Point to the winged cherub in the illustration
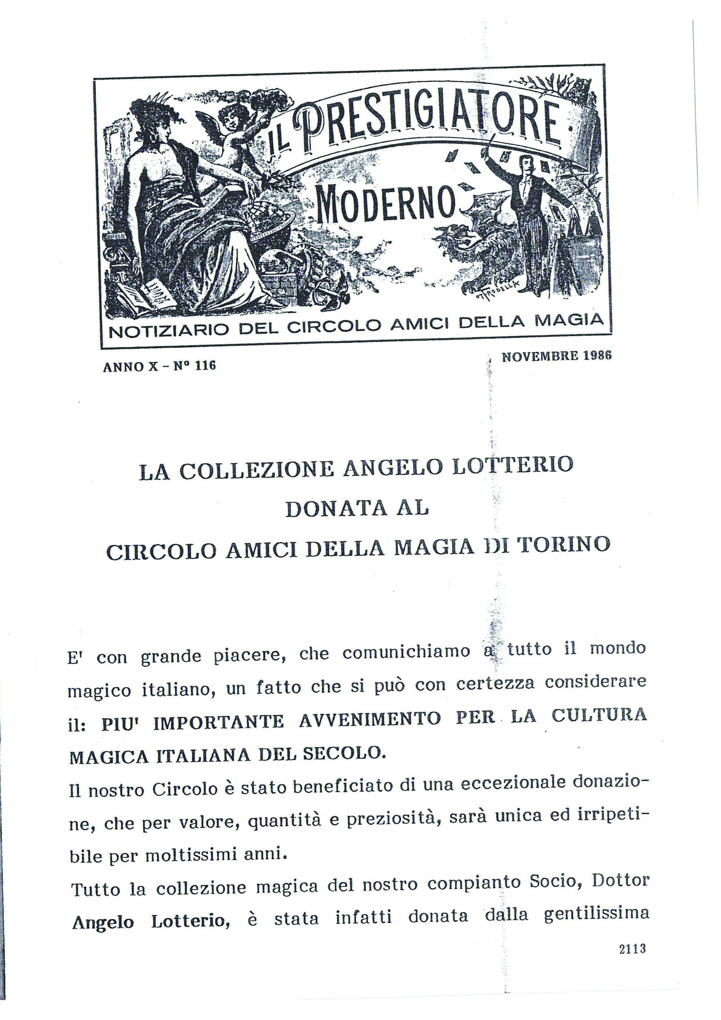[235, 133]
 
